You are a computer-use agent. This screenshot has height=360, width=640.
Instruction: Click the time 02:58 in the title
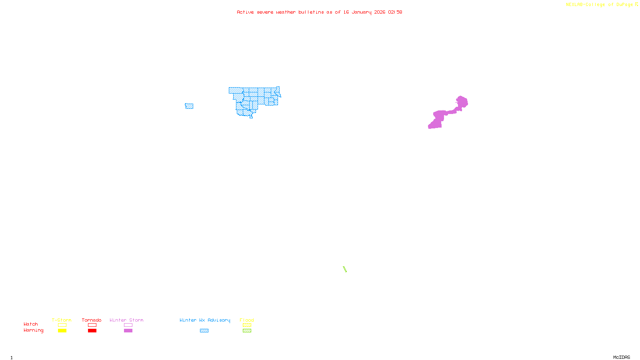click(395, 12)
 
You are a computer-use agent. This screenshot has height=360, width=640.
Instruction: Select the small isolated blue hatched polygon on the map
click(189, 106)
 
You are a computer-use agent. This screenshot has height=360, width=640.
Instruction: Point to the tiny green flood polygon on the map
click(344, 269)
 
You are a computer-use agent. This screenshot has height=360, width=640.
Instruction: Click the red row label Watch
click(30, 324)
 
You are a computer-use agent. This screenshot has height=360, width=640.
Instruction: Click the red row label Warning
click(33, 330)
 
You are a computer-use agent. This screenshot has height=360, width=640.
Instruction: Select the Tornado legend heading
click(92, 320)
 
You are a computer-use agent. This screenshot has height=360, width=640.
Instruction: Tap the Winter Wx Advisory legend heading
click(205, 320)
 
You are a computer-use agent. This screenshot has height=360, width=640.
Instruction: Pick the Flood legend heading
click(247, 320)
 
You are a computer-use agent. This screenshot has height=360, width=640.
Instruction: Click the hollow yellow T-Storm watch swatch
click(62, 325)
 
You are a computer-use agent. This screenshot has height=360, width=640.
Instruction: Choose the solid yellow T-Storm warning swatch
click(62, 331)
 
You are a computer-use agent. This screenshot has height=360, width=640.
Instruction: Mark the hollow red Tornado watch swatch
click(92, 325)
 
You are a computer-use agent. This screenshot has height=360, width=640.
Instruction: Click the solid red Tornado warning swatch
click(92, 331)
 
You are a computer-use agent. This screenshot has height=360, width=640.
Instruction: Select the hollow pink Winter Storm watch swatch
click(128, 325)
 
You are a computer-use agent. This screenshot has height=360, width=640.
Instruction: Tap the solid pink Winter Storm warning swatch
click(128, 331)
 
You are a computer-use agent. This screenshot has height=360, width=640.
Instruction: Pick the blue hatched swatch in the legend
click(204, 331)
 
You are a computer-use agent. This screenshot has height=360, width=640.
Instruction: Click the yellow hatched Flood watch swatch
click(247, 325)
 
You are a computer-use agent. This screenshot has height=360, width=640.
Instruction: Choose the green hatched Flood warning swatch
click(247, 331)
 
